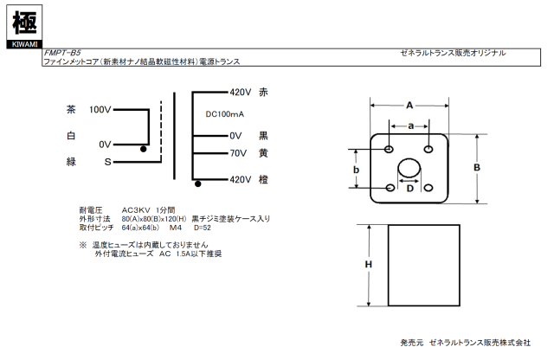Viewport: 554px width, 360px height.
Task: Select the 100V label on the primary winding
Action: pos(100,110)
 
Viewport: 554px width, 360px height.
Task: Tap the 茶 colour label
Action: pos(71,110)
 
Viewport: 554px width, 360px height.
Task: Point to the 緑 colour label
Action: pos(71,161)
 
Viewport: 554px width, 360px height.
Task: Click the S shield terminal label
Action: pos(107,161)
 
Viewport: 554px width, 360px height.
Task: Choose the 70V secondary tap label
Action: pos(239,153)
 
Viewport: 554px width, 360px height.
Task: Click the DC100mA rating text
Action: pos(226,114)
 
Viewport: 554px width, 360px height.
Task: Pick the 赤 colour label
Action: pos(264,92)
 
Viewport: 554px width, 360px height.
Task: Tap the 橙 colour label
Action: pos(264,179)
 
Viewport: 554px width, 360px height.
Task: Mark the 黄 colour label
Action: pos(264,153)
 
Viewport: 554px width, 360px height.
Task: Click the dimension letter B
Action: pos(476,168)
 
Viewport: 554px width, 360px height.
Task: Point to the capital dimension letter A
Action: pos(409,106)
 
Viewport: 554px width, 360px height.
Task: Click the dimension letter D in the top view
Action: pos(409,188)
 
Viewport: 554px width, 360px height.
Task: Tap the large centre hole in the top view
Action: pos(409,169)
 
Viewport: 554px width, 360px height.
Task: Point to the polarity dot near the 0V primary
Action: pos(144,150)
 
